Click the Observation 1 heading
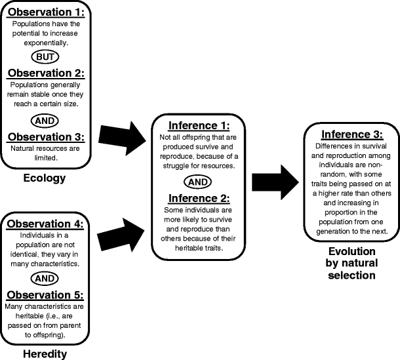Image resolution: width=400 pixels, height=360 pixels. point(44,12)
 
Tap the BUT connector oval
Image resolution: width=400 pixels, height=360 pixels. point(44,58)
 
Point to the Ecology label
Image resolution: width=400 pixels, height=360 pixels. point(44,176)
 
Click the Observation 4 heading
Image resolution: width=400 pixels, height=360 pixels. point(44,223)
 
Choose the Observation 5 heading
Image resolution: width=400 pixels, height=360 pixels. point(44,294)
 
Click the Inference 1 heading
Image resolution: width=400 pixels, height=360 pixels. point(199,125)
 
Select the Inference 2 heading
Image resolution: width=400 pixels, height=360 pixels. point(199,197)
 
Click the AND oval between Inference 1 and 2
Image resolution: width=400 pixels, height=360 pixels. point(199,180)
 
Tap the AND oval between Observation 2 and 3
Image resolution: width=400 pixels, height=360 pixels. point(44,121)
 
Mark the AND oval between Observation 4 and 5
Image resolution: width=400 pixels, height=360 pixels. point(44,277)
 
